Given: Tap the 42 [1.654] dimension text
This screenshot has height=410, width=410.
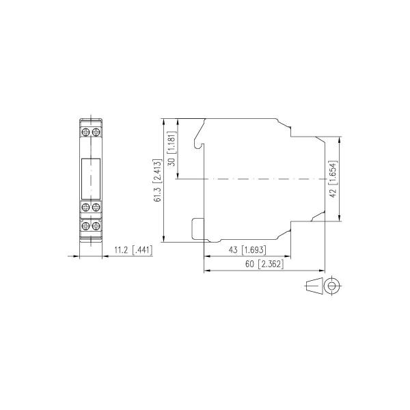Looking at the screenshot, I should tap(333, 180).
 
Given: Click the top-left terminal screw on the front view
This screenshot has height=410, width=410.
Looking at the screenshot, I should tap(87, 130).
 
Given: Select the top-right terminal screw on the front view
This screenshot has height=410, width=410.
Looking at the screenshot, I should tap(96, 130).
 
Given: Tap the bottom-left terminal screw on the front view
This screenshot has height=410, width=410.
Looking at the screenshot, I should tap(87, 225).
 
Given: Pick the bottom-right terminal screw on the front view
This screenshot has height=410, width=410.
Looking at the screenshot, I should tap(96, 225).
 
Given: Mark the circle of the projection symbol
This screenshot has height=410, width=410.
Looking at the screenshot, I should tap(333, 287).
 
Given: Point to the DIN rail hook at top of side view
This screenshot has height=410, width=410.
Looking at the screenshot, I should tap(199, 134).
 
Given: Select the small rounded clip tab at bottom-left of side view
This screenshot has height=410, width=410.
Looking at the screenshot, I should tap(197, 228).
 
